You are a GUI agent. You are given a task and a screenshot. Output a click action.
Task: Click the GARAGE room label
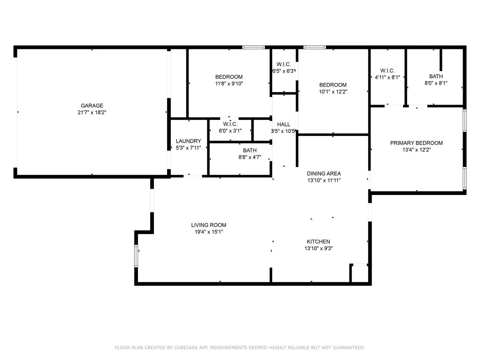pos(92,106)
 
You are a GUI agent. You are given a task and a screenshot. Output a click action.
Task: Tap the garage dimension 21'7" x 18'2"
pos(92,113)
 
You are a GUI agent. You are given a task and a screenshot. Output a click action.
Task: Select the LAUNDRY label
pos(188,141)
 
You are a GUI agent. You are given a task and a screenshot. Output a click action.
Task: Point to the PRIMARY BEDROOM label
pos(416,143)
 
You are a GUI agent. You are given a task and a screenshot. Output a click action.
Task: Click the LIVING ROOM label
pos(209,225)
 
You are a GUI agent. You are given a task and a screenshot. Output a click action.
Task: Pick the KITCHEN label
pos(318,242)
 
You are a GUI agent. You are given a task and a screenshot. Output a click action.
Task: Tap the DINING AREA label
pos(324,173)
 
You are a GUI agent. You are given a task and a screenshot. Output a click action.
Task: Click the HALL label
pos(284,124)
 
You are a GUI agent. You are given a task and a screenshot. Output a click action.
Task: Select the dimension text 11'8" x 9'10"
pos(229,84)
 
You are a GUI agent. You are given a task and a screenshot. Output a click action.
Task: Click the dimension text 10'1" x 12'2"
pos(333,92)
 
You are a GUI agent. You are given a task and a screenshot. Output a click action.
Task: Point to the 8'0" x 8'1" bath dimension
pos(436,83)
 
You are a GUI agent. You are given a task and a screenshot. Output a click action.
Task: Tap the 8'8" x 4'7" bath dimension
pos(250,157)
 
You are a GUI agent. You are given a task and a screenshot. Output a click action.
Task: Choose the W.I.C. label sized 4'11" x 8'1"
pos(387,71)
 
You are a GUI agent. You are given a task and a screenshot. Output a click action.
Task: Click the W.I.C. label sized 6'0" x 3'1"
pos(230,124)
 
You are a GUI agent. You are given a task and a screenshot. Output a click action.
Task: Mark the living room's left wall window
pos(136,256)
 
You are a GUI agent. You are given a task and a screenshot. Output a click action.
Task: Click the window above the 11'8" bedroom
pos(253,47)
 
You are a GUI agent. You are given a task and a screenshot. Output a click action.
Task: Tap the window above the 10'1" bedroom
pos(315,47)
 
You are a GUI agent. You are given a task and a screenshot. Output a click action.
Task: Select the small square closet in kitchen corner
pos(360,274)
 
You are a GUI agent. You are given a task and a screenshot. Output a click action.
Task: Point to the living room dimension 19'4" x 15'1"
pos(209,232)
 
